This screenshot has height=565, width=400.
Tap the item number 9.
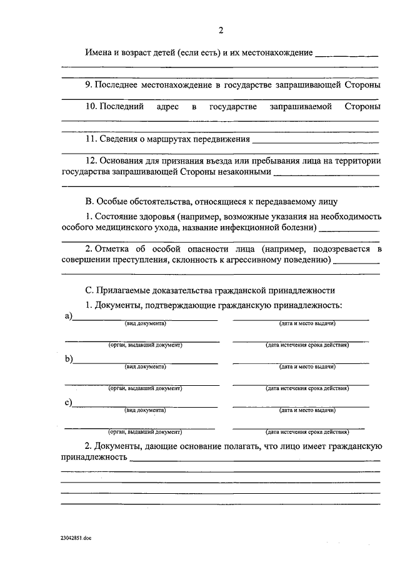pos(91,84)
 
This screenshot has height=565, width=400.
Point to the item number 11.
pos(93,139)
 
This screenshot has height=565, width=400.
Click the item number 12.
pos(93,161)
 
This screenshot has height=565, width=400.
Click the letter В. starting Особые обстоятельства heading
pos(89,201)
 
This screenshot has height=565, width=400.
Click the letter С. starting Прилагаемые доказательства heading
pos(89,290)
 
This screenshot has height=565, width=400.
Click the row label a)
pos(68,317)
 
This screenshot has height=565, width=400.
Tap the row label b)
pos(68,359)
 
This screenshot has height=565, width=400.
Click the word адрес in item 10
pos(167,107)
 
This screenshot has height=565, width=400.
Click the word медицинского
pos(123,228)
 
